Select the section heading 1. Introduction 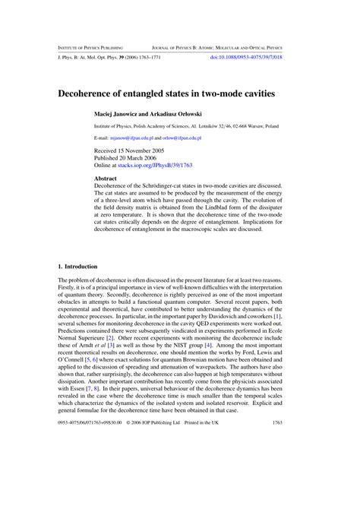pos(78,267)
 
